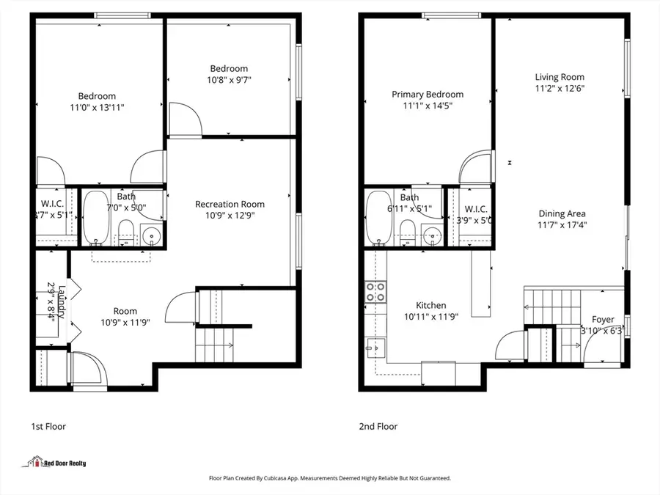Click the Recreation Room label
pos(230,204)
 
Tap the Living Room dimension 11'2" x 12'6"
pos(560,88)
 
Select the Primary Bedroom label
pos(427,94)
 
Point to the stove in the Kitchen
pos(375,292)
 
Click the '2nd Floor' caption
pos(378,426)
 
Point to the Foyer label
pos(604,320)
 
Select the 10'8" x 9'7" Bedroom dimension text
pos(230,80)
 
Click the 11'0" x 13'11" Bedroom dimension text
pos(98,108)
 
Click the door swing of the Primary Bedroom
pos(473,168)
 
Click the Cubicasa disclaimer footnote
pos(330,478)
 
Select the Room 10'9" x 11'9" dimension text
pos(125,323)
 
